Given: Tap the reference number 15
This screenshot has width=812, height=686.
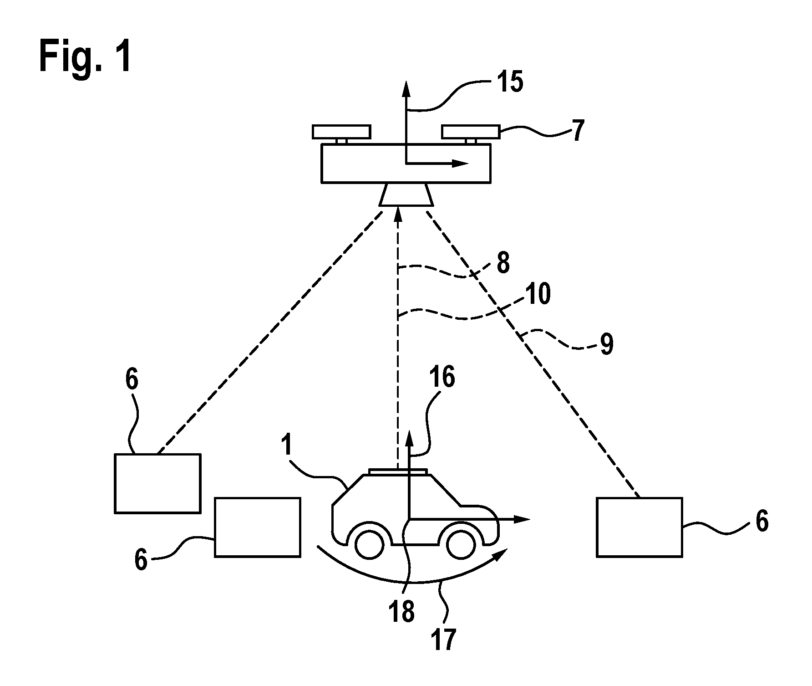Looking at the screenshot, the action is coord(510,82).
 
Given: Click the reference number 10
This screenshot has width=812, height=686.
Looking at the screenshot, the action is coord(537,294).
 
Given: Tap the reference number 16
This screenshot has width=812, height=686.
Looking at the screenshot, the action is coord(441,378).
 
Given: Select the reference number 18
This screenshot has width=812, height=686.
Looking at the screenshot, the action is coord(402,611).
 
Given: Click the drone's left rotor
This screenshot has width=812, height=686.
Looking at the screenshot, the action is coord(341,132).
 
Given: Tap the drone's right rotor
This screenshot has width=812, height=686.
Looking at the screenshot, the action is coord(471,132).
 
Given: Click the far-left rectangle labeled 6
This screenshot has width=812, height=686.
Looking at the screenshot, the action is coord(157,483).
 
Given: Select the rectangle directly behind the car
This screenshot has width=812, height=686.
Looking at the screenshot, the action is coord(258,527).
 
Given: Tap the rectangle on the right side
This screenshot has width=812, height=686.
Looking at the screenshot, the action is coord(639,527).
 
